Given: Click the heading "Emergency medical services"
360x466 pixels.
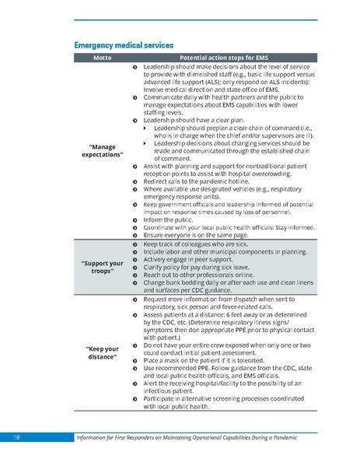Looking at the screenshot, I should coord(123,45).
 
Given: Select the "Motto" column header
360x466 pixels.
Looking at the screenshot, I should coord(103,59).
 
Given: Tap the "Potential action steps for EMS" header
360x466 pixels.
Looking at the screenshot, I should coord(224,59).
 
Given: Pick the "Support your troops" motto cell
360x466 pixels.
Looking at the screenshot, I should coord(103,267).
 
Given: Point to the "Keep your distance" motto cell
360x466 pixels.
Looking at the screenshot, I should coord(103,354).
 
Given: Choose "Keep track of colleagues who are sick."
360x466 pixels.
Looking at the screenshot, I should coord(201,244).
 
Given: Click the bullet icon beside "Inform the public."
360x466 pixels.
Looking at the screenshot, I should coord(135,219).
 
